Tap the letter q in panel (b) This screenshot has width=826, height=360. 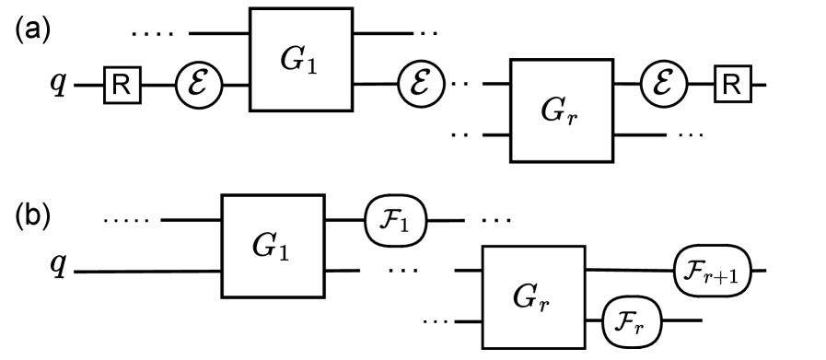click(57, 266)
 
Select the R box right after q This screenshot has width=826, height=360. click(121, 87)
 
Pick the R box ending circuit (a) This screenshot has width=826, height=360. click(730, 87)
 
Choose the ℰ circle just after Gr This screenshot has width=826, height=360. click(662, 87)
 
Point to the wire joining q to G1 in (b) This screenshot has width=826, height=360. click(147, 272)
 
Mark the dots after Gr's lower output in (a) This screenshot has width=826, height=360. click(691, 135)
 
